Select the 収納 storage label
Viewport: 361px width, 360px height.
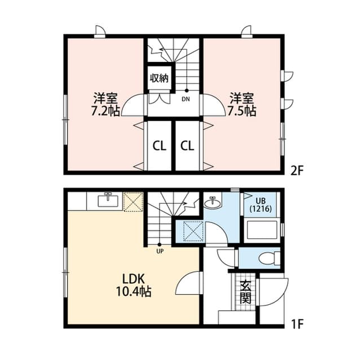(159, 78)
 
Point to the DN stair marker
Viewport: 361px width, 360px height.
(186, 100)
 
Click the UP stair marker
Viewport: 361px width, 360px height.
(160, 251)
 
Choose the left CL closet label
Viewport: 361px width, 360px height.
(160, 146)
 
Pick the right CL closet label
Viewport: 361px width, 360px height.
(187, 146)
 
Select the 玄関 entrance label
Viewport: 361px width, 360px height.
(245, 293)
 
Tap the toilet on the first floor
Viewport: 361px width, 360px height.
(268, 258)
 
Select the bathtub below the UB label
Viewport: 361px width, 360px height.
(262, 230)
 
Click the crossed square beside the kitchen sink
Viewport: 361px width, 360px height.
(134, 201)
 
